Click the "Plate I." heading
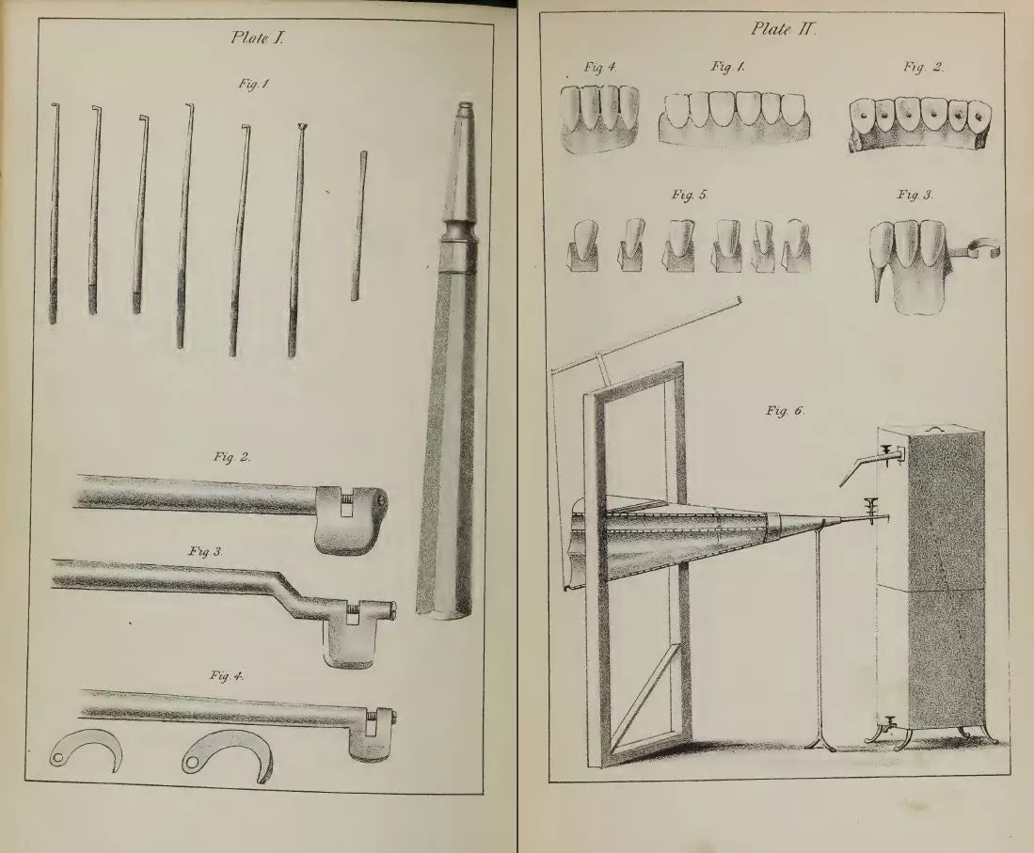point(258,38)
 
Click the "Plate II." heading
point(784,29)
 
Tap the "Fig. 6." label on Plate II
point(786,411)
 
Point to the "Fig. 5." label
point(690,195)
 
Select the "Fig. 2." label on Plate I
point(231,457)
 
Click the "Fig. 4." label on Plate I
point(227,675)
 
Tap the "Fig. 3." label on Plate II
point(915,195)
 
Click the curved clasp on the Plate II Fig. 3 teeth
point(976,248)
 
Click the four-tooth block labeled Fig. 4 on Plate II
point(600,118)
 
